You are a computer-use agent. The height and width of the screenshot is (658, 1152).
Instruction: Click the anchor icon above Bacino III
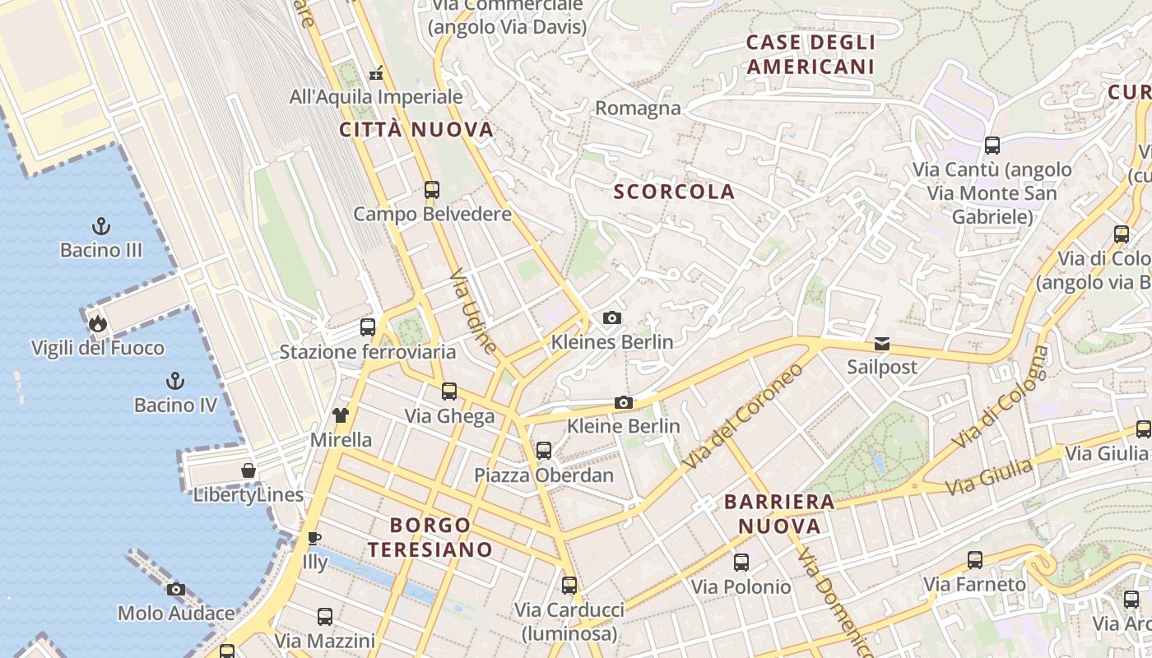coord(100,225)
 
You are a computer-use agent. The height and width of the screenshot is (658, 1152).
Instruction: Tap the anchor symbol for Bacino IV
coord(174,380)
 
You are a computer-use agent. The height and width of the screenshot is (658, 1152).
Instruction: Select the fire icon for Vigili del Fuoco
coord(98,323)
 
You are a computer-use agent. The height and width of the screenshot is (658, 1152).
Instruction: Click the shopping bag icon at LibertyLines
coord(248,470)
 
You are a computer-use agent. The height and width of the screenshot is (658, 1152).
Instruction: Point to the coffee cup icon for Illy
coord(314,539)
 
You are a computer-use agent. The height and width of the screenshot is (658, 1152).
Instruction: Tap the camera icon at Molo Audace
coord(175,589)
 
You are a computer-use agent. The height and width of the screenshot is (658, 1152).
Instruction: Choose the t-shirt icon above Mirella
coord(340,415)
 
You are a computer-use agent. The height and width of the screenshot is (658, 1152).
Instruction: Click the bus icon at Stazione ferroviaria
coord(367,327)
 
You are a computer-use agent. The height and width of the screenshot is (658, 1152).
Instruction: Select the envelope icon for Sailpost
coord(882,343)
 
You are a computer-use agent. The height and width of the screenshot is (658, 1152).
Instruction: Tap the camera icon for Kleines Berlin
coord(611,317)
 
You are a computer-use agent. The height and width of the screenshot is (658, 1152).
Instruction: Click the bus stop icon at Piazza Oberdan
coord(543,450)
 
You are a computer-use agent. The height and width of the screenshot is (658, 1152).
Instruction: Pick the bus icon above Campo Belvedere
coord(432,190)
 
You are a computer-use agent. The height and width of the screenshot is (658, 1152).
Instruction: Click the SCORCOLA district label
coord(674,192)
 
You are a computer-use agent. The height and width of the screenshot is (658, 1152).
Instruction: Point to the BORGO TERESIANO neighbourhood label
coord(430,537)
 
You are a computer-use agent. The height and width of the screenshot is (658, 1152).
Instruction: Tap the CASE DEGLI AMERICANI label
coord(811,54)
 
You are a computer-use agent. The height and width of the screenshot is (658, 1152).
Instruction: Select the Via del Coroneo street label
coord(741,417)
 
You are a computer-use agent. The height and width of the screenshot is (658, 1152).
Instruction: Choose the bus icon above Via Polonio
coord(741,563)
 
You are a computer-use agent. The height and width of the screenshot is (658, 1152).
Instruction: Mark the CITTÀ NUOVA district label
coord(416,129)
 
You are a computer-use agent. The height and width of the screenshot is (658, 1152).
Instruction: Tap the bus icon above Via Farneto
coord(975,560)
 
